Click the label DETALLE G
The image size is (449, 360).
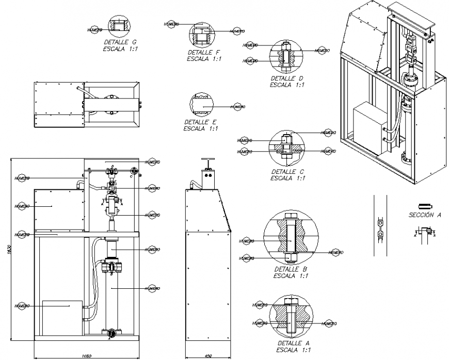point(120,42)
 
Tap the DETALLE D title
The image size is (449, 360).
point(286,78)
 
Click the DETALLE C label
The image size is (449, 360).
point(287,172)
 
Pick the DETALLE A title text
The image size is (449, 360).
point(292,343)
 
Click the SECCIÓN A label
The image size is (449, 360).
point(424,216)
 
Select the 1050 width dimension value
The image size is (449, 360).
point(86,356)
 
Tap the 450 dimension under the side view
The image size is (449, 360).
point(208,356)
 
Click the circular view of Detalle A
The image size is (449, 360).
point(292,315)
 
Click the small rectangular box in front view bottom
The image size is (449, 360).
point(62,317)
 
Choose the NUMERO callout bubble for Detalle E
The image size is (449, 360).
point(237,106)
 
